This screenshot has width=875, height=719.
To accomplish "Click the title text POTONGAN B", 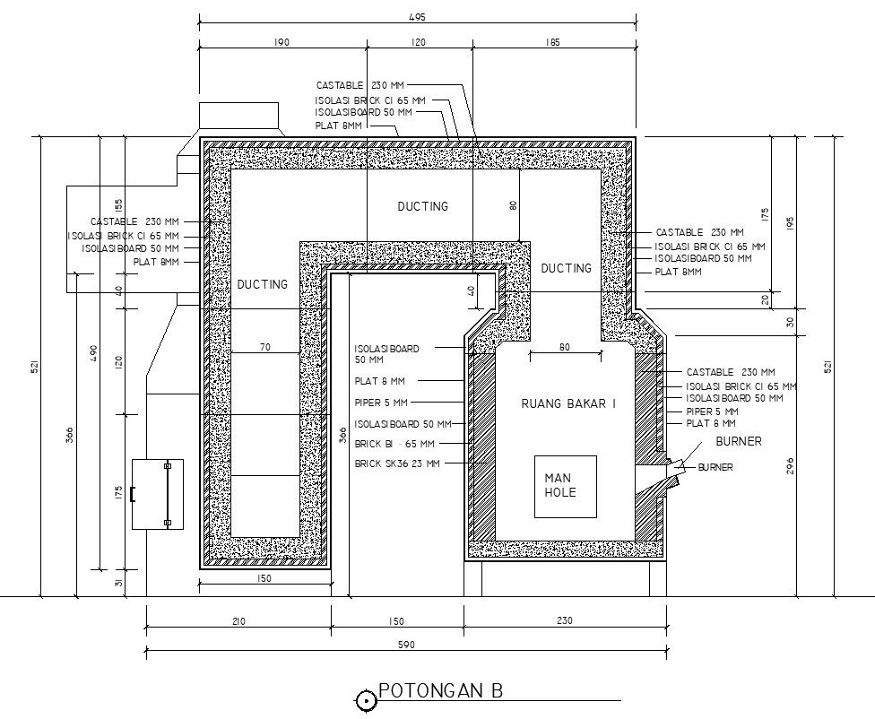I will pyautogui.click(x=440, y=691).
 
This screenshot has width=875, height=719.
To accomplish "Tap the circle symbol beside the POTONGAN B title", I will pyautogui.click(x=366, y=701).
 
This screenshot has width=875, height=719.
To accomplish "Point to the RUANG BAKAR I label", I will pyautogui.click(x=568, y=404).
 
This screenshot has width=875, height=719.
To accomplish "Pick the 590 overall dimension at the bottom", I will pyautogui.click(x=405, y=645).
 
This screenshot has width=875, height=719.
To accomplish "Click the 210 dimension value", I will pyautogui.click(x=238, y=620).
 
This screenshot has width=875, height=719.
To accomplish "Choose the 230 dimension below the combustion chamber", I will pyautogui.click(x=564, y=620).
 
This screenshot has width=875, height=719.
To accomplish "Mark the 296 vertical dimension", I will pyautogui.click(x=790, y=466).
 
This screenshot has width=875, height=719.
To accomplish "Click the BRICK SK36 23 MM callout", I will pyautogui.click(x=396, y=463).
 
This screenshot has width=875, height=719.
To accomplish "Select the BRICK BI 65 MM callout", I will pyautogui.click(x=394, y=444).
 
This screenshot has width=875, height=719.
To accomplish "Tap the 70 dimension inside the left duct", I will pyautogui.click(x=265, y=347).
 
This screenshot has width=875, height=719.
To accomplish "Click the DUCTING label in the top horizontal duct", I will pyautogui.click(x=422, y=206).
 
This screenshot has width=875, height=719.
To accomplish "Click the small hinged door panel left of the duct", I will pyautogui.click(x=157, y=493).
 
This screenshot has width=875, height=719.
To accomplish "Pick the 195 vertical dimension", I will pyautogui.click(x=790, y=221).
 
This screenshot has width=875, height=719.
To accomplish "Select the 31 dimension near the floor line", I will pyautogui.click(x=118, y=584).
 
